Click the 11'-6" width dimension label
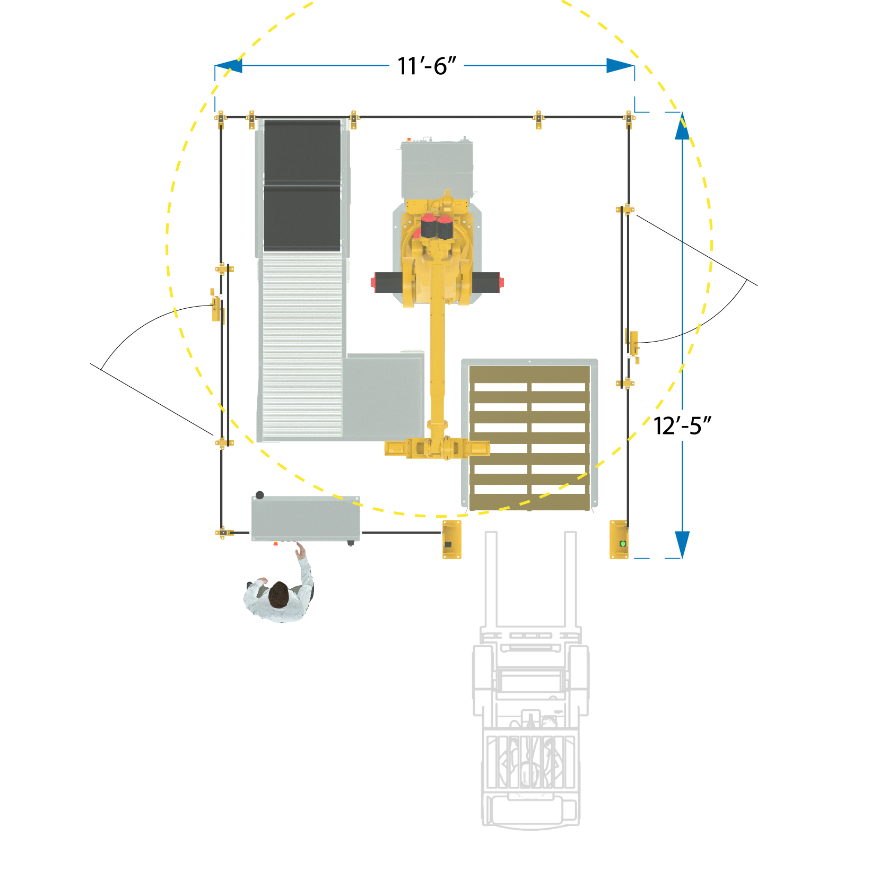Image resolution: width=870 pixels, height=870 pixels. click(x=427, y=66)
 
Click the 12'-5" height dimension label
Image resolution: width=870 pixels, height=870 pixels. click(x=682, y=426)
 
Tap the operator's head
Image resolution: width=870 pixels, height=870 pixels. click(x=278, y=595)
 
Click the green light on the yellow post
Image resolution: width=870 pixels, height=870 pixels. click(x=623, y=544)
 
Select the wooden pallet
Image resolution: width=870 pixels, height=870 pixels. click(x=529, y=438)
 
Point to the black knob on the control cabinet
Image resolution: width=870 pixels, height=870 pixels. click(x=259, y=495)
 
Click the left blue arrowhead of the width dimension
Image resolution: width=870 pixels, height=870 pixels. click(x=229, y=66)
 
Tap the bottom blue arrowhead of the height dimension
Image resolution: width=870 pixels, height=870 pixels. click(x=682, y=545)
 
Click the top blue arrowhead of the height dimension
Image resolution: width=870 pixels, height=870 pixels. click(x=682, y=126)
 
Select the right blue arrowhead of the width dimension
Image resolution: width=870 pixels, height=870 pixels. click(x=621, y=66)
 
